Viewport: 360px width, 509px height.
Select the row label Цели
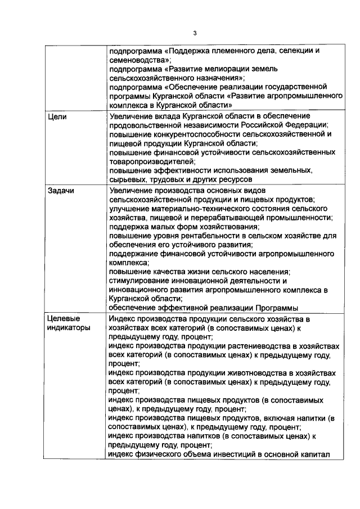57,116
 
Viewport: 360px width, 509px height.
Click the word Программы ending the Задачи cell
275,308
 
